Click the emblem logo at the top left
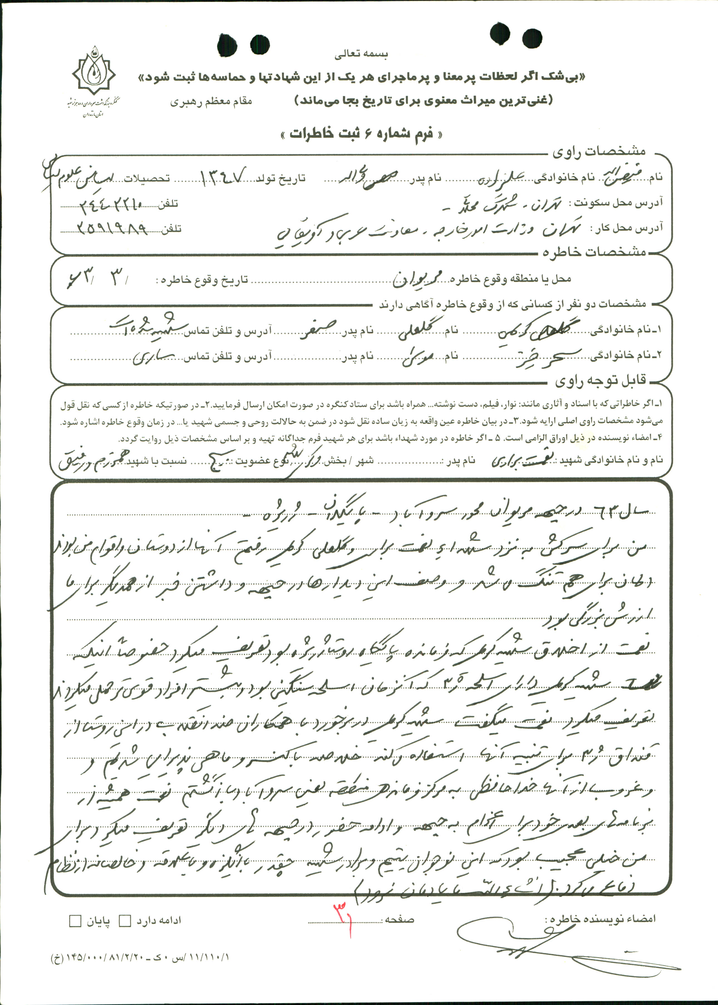[x=94, y=73]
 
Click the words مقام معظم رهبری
[x=211, y=101]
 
